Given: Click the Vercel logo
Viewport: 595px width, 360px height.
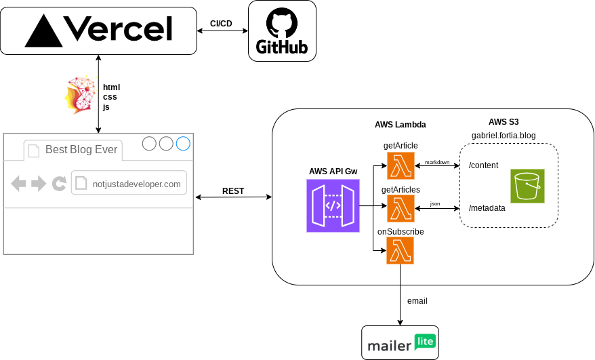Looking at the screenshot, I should (98, 31).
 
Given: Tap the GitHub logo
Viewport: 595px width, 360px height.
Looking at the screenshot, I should (282, 31).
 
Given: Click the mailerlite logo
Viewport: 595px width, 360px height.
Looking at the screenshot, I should (400, 343).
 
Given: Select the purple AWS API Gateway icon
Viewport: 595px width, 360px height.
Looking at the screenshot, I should (333, 205).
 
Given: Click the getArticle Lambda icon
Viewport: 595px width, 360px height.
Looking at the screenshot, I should (401, 165).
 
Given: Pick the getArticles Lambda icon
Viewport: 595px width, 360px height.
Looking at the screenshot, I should (401, 209).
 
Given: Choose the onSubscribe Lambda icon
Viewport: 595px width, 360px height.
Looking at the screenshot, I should (401, 251).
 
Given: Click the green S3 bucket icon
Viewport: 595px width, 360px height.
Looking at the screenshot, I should (527, 186).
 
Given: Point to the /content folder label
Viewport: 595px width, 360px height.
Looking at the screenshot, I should (484, 165).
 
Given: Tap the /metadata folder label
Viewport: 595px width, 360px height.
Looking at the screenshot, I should (487, 208).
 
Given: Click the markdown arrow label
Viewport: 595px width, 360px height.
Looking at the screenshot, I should (437, 162).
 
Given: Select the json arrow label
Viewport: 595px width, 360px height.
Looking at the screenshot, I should (434, 203).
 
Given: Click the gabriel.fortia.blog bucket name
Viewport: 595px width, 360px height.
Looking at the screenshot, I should (504, 136).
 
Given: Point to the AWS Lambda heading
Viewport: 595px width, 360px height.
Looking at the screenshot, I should (400, 125).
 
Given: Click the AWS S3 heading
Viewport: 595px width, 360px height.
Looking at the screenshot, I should (504, 122).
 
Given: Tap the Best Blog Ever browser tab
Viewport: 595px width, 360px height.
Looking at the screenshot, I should (81, 150).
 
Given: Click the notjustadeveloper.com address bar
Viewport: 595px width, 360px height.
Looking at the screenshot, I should (129, 183).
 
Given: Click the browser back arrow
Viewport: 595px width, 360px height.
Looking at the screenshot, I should (19, 183).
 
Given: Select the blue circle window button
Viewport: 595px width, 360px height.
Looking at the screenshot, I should (183, 144).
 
